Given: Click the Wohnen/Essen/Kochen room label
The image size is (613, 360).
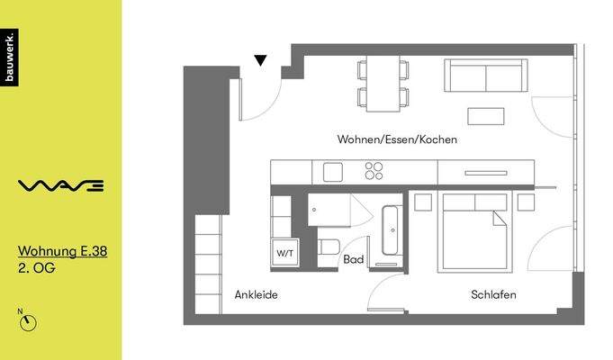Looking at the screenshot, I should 397,139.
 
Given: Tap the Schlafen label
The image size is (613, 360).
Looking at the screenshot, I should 493,294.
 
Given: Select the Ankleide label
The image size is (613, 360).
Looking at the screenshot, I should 256,294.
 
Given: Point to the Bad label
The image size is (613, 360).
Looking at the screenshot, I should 354,259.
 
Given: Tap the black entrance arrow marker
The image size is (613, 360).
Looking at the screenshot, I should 260,61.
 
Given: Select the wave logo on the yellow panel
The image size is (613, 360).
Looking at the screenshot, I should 61,186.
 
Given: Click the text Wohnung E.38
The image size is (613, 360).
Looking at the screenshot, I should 63,252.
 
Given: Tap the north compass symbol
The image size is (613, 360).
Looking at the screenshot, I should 29,321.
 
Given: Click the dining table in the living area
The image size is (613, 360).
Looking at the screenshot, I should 383,84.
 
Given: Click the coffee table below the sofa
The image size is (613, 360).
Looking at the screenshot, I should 487,116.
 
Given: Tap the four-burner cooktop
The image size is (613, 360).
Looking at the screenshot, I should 374,170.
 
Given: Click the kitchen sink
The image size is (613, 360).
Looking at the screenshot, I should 334,171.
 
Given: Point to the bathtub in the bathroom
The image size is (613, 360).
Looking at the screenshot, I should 392,231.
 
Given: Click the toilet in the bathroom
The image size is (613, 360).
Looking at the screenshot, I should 329,247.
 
